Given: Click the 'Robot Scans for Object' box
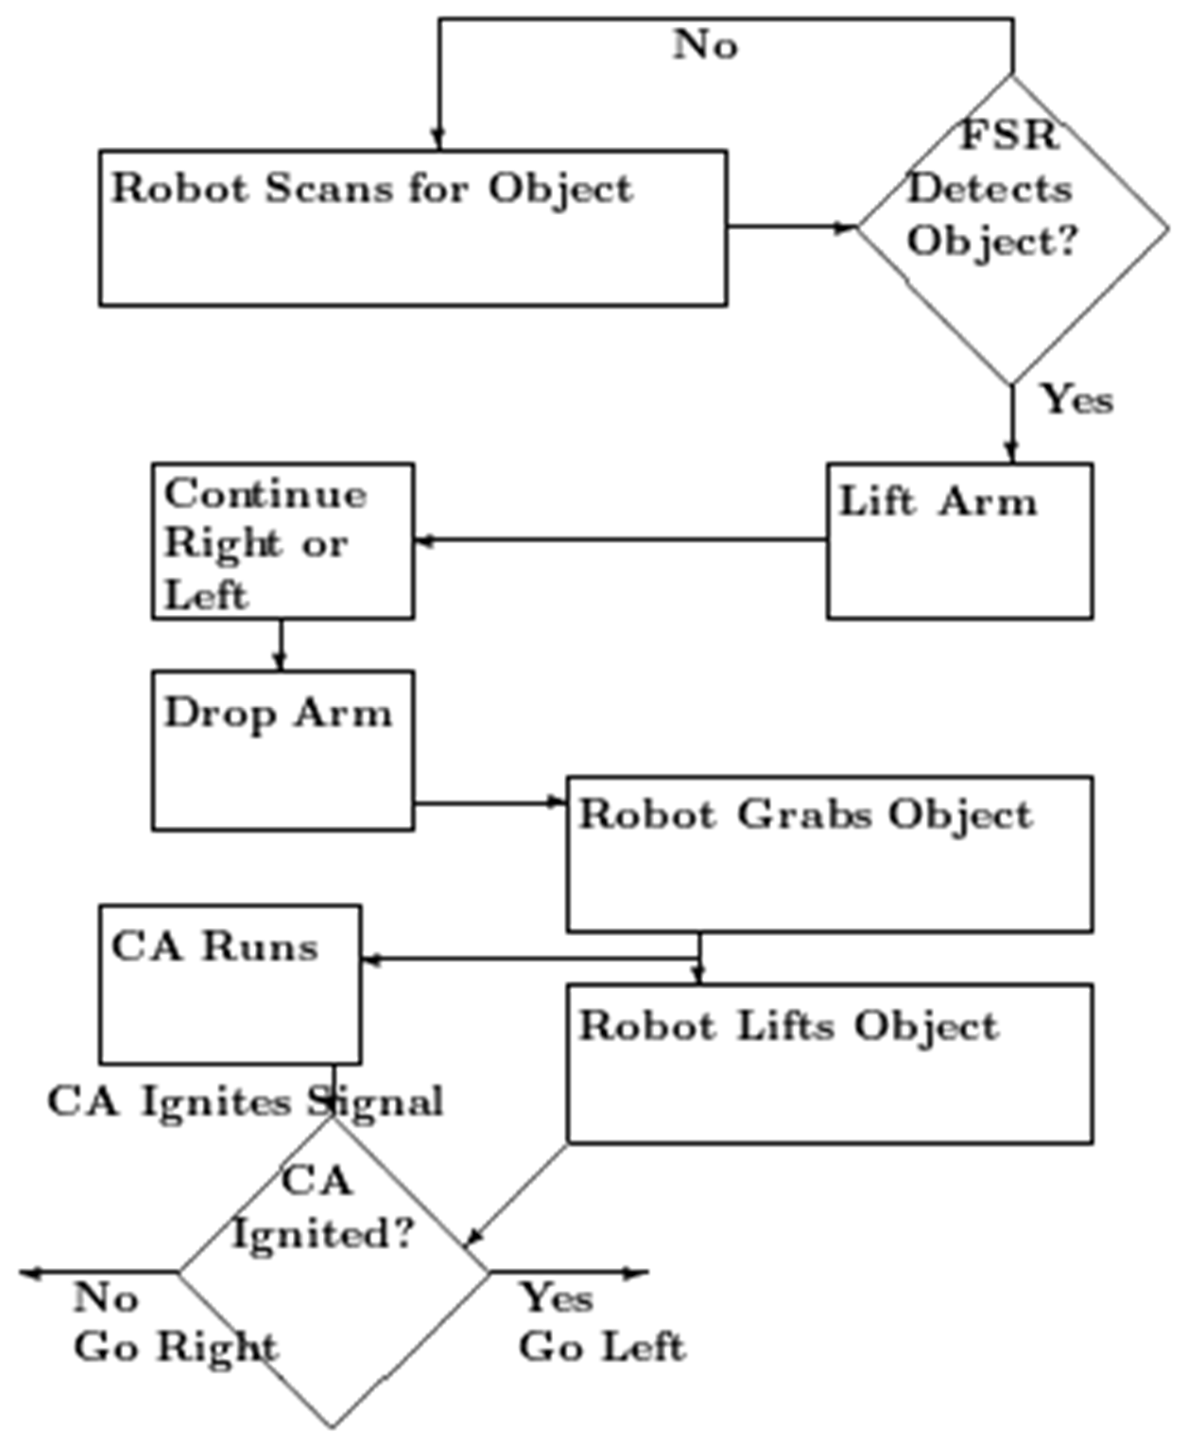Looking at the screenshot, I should click(413, 227).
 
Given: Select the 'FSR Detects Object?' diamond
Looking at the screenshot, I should click(1012, 230).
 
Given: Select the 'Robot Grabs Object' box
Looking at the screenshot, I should click(829, 854).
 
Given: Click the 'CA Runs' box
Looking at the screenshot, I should click(230, 984).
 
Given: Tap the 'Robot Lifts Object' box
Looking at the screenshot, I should click(829, 1064).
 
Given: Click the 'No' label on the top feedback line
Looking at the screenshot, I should click(706, 46).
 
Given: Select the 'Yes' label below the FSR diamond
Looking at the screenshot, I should click(1077, 400).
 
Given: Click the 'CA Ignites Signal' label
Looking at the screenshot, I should click(245, 1102).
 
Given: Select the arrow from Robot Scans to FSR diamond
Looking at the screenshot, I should click(791, 227).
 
